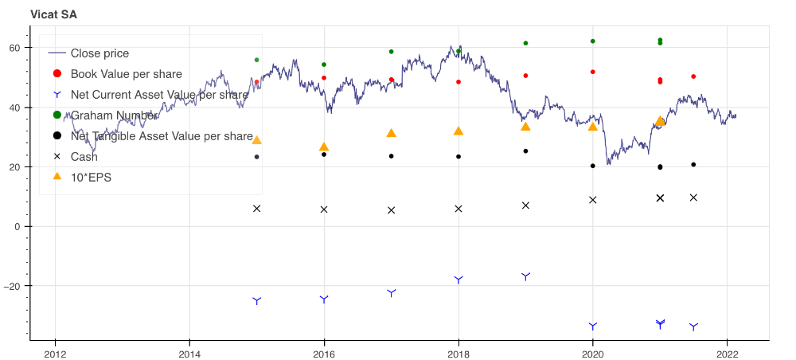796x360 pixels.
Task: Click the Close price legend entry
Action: [x=99, y=53]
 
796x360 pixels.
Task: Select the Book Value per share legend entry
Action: [x=126, y=74]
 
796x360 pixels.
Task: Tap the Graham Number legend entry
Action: [x=113, y=115]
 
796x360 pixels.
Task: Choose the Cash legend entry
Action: [x=84, y=157]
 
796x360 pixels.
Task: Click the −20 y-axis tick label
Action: [x=14, y=286]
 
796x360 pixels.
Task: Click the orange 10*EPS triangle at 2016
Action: [x=324, y=147]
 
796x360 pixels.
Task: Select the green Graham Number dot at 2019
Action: [x=525, y=43]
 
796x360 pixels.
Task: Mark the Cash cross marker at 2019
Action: [x=525, y=205]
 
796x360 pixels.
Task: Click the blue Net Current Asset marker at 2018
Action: [x=458, y=280]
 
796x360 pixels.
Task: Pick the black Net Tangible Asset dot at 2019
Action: [x=525, y=151]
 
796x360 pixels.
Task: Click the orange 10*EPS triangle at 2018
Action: [x=458, y=131]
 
